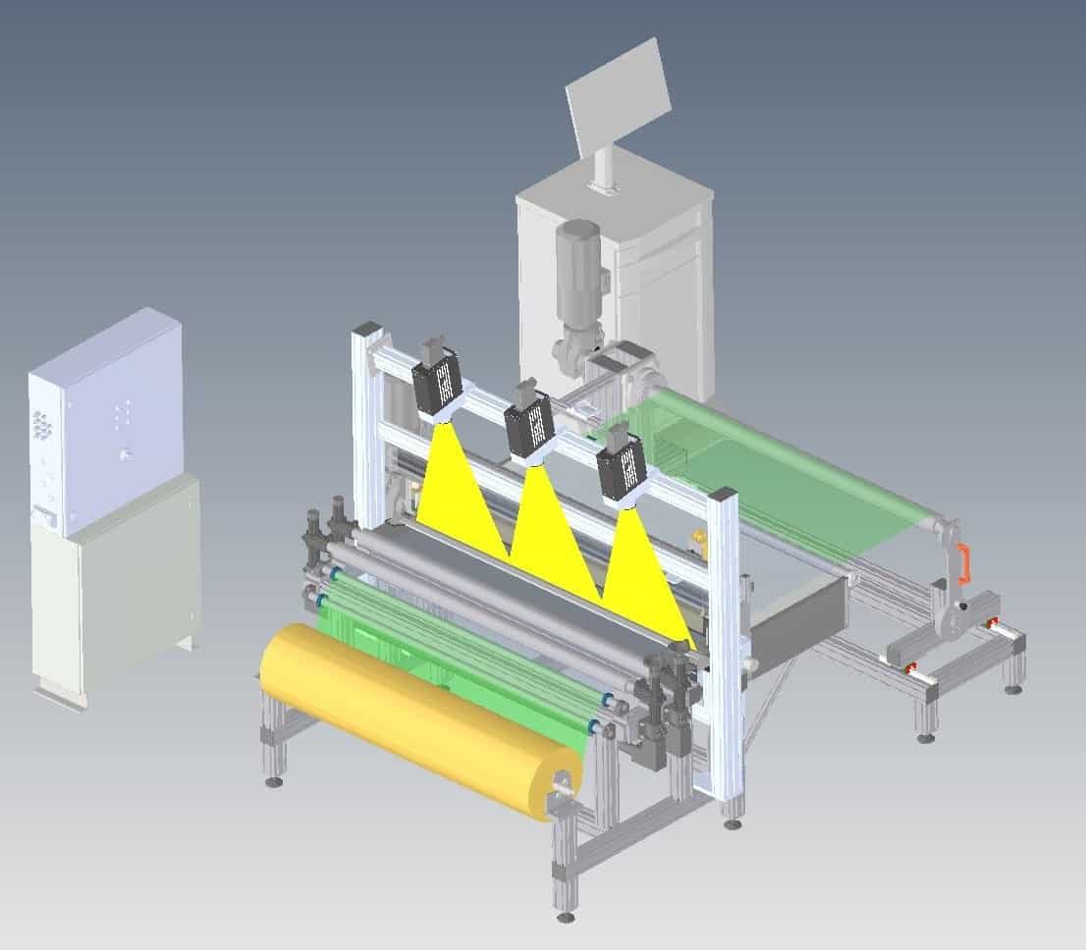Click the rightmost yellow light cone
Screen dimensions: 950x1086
643,579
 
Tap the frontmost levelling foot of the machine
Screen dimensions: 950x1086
565,917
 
